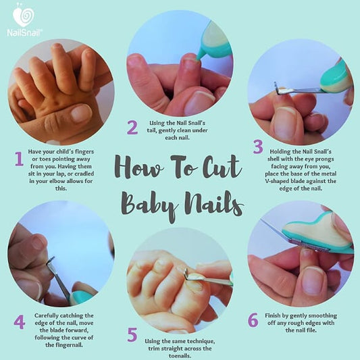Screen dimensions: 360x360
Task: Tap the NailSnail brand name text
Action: [x=24, y=30]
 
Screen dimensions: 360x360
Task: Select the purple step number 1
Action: [x=18, y=159]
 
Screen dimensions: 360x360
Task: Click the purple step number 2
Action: [x=132, y=126]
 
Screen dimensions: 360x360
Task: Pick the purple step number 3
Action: [x=257, y=147]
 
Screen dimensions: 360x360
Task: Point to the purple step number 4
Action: [x=20, y=322]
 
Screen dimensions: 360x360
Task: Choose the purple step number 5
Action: [x=132, y=334]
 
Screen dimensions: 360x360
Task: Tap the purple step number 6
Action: [x=253, y=319]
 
